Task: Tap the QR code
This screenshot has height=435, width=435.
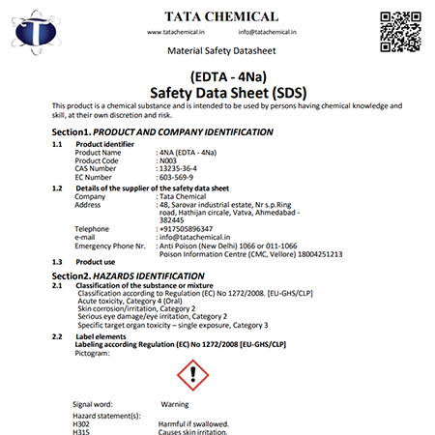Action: click(x=401, y=30)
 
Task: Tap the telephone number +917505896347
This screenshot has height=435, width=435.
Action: click(x=188, y=228)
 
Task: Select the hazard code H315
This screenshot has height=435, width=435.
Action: click(x=80, y=431)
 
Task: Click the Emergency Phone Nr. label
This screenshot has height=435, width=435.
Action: click(x=109, y=245)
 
